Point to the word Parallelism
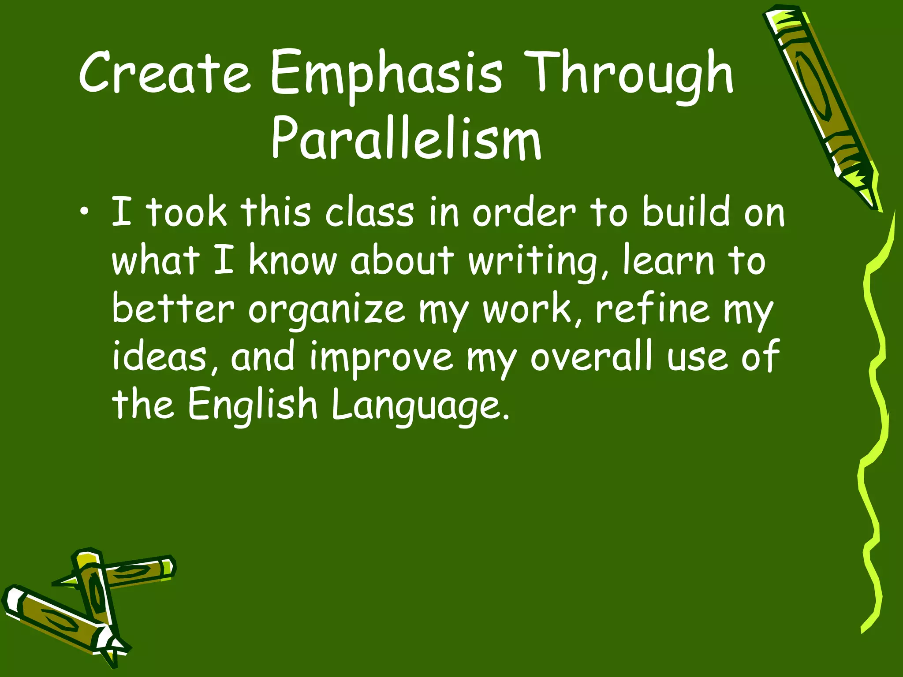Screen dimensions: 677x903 (406, 138)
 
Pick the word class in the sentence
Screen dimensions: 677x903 (369, 213)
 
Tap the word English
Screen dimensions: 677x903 (253, 405)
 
